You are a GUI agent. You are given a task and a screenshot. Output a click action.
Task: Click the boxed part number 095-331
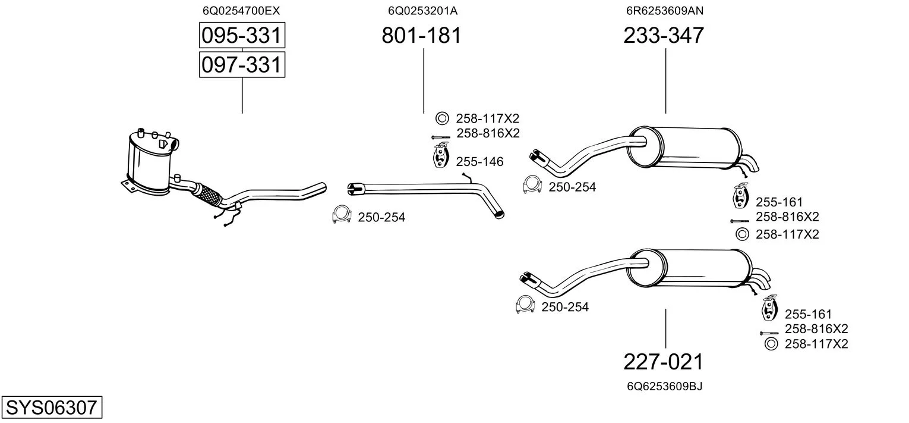(241, 36)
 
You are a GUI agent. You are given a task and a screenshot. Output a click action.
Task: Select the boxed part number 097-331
(241, 64)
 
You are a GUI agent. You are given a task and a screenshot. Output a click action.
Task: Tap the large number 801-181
(421, 36)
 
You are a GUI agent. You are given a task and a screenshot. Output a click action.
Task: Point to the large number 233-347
(664, 36)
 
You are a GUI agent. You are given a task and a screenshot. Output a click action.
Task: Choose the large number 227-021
(663, 362)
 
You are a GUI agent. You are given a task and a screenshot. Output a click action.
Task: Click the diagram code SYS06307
(50, 408)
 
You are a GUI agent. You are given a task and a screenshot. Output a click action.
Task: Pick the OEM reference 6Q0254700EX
(241, 11)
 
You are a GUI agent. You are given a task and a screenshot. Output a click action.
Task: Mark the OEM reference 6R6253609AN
(664, 11)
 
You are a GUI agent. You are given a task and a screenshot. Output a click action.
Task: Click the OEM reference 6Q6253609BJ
(664, 387)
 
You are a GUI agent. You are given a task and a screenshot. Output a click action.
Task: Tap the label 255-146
(479, 162)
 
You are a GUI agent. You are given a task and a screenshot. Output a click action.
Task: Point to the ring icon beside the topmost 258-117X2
(441, 118)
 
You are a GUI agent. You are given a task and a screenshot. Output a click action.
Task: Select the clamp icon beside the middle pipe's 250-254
(341, 215)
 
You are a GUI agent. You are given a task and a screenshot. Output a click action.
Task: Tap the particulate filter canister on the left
(149, 164)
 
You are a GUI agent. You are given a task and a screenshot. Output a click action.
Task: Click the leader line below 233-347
(665, 81)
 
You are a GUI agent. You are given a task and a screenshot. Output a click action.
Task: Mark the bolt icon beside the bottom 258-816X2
(769, 333)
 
